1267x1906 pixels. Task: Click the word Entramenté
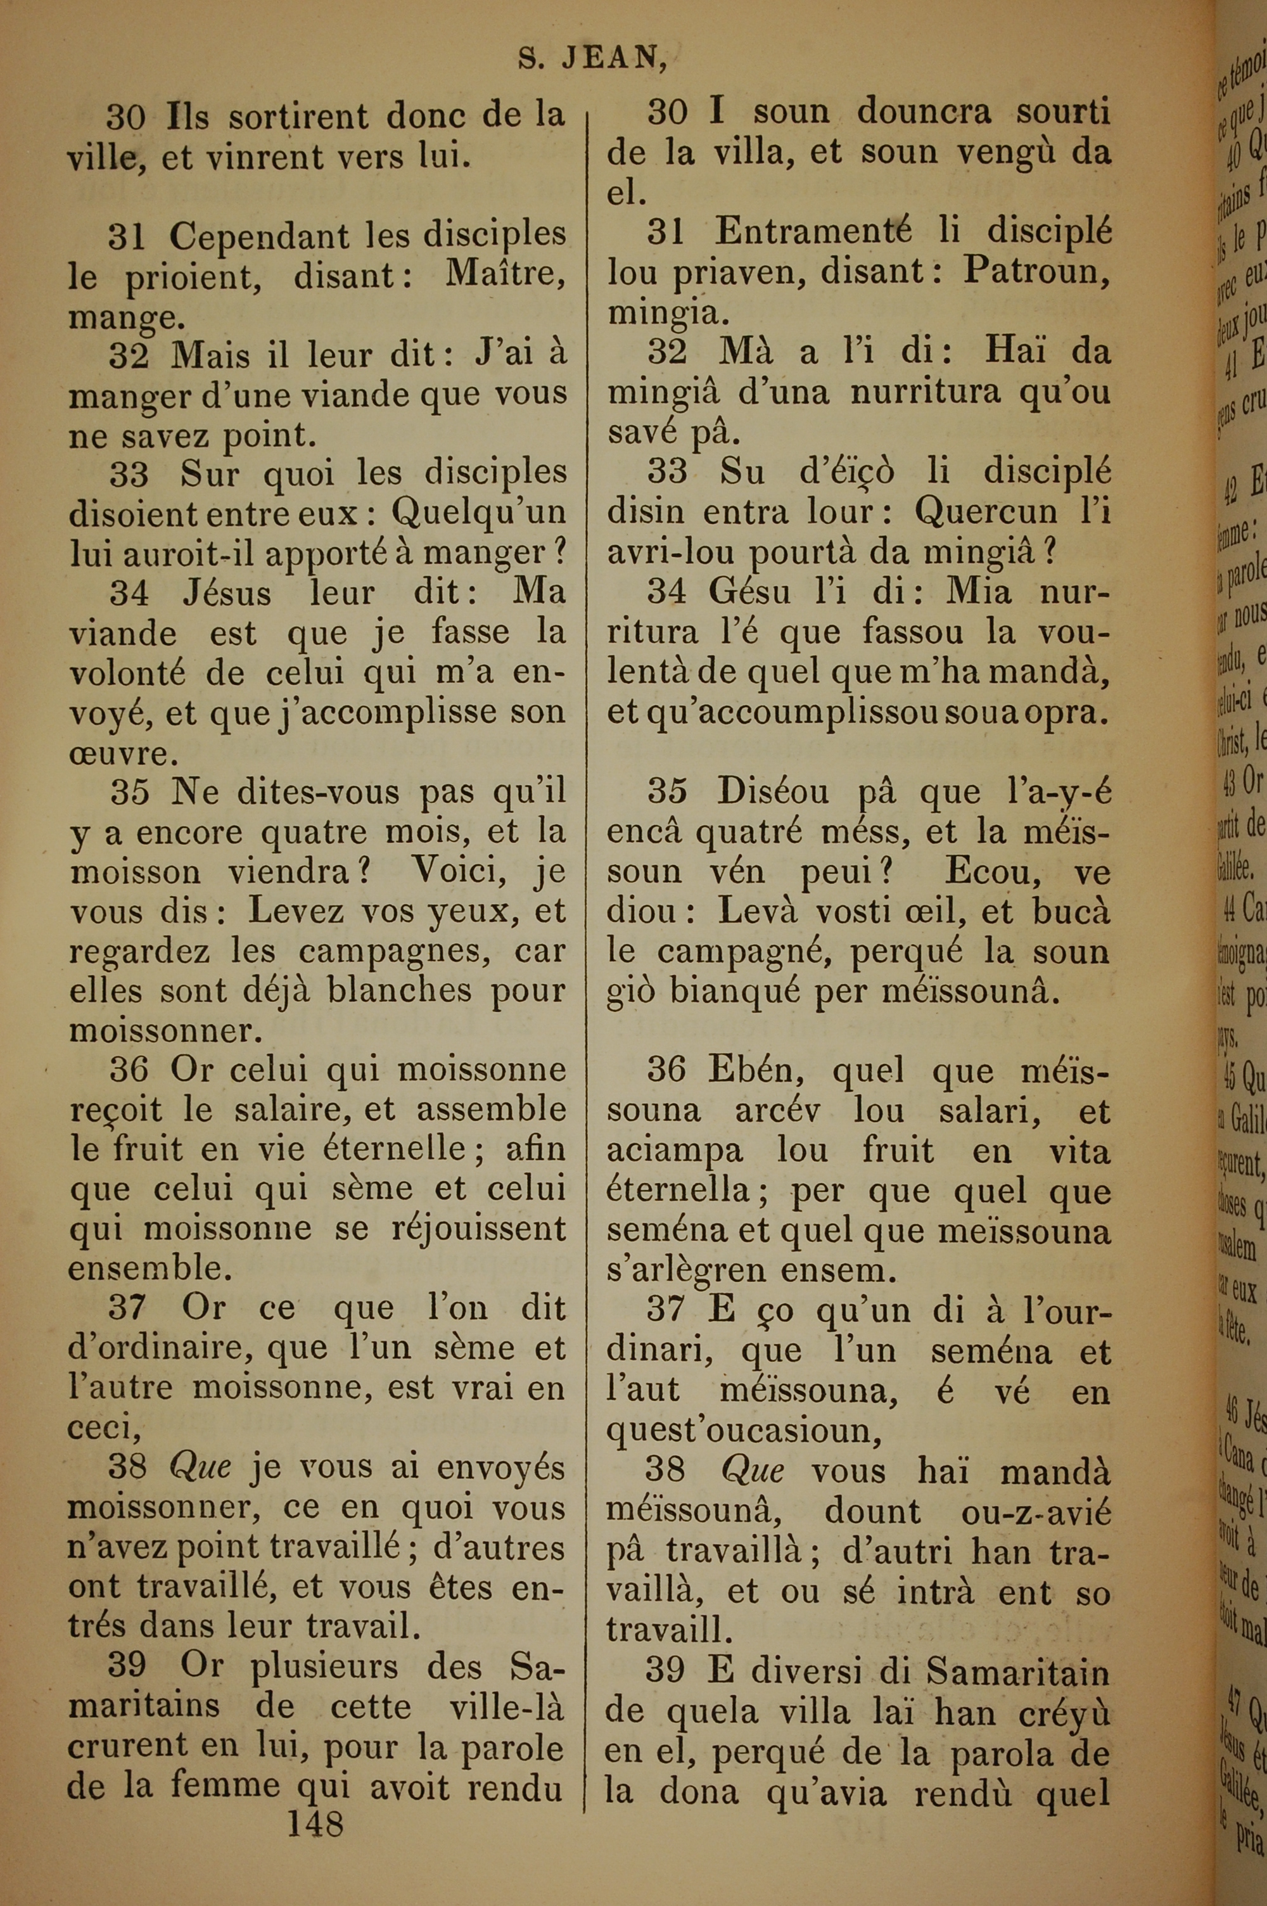click(813, 234)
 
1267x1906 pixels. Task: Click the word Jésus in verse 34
click(227, 594)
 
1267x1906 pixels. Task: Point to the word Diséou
click(772, 793)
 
